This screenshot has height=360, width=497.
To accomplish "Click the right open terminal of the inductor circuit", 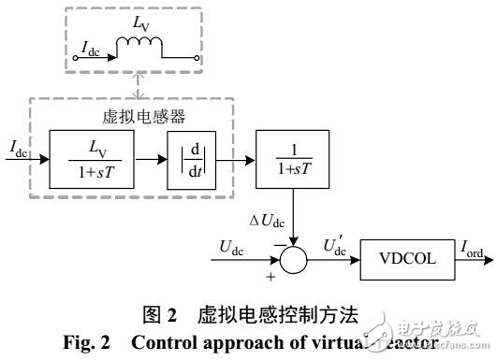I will tap(198, 56).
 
